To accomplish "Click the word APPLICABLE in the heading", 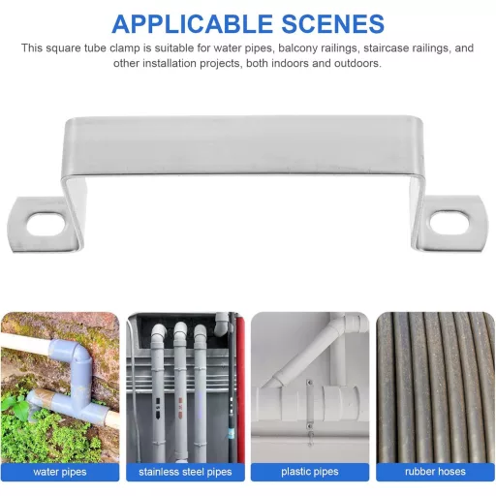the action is pyautogui.click(x=193, y=24).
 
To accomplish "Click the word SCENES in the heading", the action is pyautogui.click(x=333, y=24).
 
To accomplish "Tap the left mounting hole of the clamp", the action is pyautogui.click(x=46, y=224).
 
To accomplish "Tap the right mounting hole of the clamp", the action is pyautogui.click(x=449, y=222).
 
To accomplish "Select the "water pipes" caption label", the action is pyautogui.click(x=60, y=472).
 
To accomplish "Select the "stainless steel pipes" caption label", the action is pyautogui.click(x=185, y=472).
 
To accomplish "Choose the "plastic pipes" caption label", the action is pyautogui.click(x=310, y=472).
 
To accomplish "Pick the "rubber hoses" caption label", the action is pyautogui.click(x=435, y=472).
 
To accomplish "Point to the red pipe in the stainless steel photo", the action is pyautogui.click(x=239, y=387).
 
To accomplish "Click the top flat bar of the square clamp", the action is pyautogui.click(x=241, y=145).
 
